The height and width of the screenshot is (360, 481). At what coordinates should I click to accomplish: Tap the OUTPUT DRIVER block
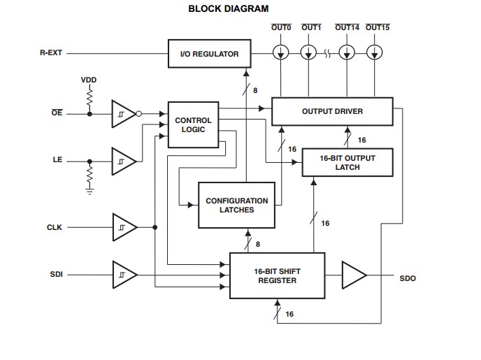pyautogui.click(x=332, y=112)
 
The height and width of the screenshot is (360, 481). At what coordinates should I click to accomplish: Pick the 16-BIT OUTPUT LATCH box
pyautogui.click(x=347, y=162)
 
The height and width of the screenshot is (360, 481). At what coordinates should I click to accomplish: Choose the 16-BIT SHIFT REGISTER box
pyautogui.click(x=276, y=275)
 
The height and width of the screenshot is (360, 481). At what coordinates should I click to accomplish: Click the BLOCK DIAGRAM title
pyautogui.click(x=229, y=9)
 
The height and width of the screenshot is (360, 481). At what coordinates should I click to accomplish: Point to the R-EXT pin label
pyautogui.click(x=51, y=52)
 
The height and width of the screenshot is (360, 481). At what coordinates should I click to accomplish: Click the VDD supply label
pyautogui.click(x=89, y=80)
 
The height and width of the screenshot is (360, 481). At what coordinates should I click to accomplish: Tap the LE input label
pyautogui.click(x=57, y=160)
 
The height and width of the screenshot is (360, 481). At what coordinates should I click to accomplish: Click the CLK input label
pyautogui.click(x=55, y=227)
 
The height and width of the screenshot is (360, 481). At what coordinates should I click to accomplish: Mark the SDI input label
pyautogui.click(x=56, y=275)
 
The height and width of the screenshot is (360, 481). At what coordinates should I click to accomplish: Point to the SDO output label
pyautogui.click(x=408, y=278)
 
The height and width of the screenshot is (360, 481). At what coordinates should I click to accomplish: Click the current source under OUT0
pyautogui.click(x=280, y=52)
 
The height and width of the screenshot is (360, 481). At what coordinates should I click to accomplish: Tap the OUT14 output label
pyautogui.click(x=347, y=27)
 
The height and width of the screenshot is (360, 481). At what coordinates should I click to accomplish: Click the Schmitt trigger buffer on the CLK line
pyautogui.click(x=124, y=227)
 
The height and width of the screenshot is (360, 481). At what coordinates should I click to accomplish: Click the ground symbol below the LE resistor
pyautogui.click(x=89, y=191)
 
